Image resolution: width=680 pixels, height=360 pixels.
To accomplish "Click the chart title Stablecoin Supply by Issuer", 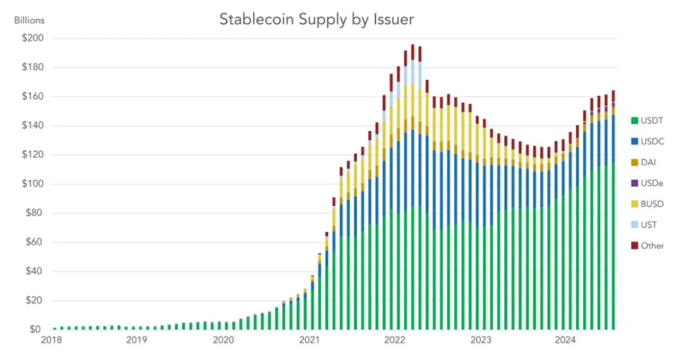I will (x=316, y=20).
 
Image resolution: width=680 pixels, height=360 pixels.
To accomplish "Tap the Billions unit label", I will (x=29, y=20).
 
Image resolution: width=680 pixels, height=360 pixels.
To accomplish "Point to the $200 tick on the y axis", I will (x=31, y=38).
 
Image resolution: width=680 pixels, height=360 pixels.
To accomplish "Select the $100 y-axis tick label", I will (x=31, y=184).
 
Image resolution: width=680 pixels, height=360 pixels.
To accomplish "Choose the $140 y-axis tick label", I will (x=31, y=126).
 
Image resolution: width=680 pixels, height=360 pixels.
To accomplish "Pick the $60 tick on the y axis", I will (x=33, y=242).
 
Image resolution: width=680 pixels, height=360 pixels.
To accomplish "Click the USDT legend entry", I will (x=652, y=120).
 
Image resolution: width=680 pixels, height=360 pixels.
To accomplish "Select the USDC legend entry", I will (x=652, y=141).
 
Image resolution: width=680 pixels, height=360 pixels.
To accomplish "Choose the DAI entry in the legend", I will (x=649, y=162).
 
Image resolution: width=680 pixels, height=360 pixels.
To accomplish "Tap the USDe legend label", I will (x=652, y=183).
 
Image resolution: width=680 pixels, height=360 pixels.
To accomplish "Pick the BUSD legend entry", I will (x=652, y=203).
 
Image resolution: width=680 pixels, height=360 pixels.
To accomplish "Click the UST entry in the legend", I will (x=649, y=225).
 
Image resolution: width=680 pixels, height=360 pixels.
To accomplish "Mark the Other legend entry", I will (x=652, y=245).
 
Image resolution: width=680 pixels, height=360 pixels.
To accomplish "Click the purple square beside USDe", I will (x=633, y=183).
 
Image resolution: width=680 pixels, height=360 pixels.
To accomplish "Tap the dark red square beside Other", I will (x=633, y=245).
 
